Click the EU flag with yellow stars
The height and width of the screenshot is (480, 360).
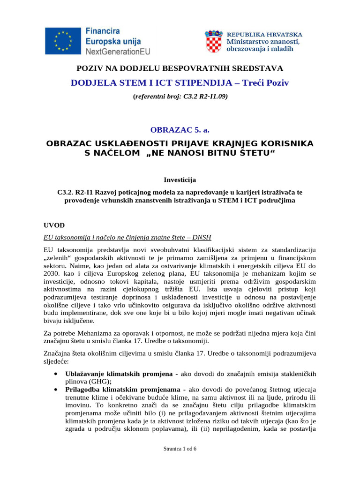click(64, 41)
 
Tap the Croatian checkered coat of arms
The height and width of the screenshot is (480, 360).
click(214, 41)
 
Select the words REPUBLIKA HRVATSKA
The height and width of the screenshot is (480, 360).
click(264, 34)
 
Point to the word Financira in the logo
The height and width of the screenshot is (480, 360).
click(102, 31)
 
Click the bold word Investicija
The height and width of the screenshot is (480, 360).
click(180, 179)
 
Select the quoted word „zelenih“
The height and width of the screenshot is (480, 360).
click(59, 258)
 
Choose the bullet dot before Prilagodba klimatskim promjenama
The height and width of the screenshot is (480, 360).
click(56, 389)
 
